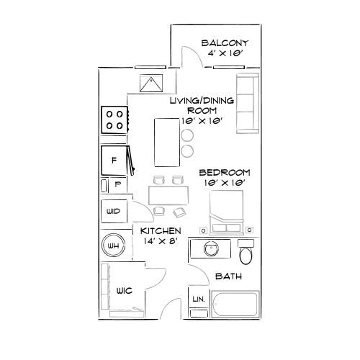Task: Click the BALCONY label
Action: pyautogui.click(x=225, y=42)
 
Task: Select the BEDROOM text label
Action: pyautogui.click(x=224, y=173)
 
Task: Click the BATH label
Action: pyautogui.click(x=228, y=276)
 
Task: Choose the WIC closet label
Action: pyautogui.click(x=124, y=290)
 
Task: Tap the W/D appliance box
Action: pyautogui.click(x=114, y=211)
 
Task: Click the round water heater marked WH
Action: pyautogui.click(x=114, y=246)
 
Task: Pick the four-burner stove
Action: pyautogui.click(x=114, y=119)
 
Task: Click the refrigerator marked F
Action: pyautogui.click(x=114, y=160)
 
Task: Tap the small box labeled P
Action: pyautogui.click(x=117, y=184)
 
